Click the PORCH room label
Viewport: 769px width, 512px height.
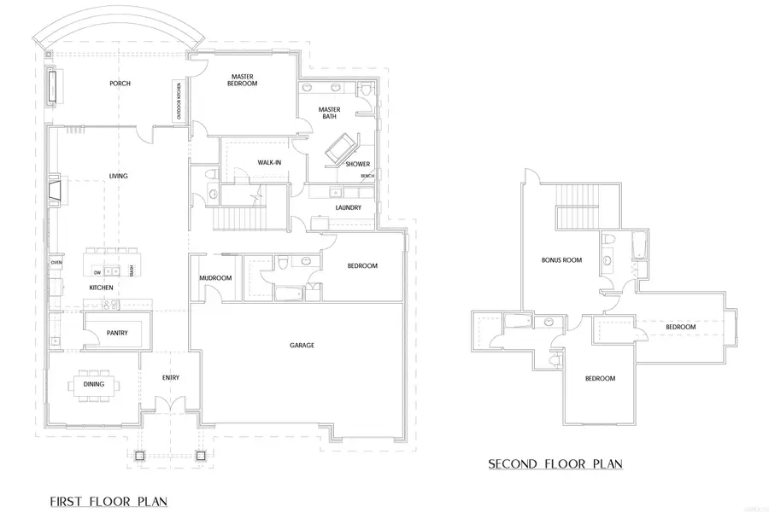tap(119, 84)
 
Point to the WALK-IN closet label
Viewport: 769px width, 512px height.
tap(270, 162)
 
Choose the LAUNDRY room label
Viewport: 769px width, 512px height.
tap(348, 207)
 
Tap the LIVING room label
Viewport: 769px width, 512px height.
tap(118, 176)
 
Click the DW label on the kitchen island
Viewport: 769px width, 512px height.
tap(98, 272)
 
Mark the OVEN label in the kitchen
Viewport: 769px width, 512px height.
tap(57, 262)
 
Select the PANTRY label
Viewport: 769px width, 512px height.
tap(117, 333)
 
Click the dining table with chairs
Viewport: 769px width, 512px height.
tap(94, 384)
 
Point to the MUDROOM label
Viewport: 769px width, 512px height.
tap(216, 278)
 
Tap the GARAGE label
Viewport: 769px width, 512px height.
tap(302, 346)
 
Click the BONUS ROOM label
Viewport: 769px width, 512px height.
tap(561, 259)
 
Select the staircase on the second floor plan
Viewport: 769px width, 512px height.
tap(576, 207)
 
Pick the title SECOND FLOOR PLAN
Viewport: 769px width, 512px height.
tap(555, 464)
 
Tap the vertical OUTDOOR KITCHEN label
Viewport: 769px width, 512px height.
tap(179, 101)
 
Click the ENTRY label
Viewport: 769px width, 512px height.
tap(171, 378)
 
